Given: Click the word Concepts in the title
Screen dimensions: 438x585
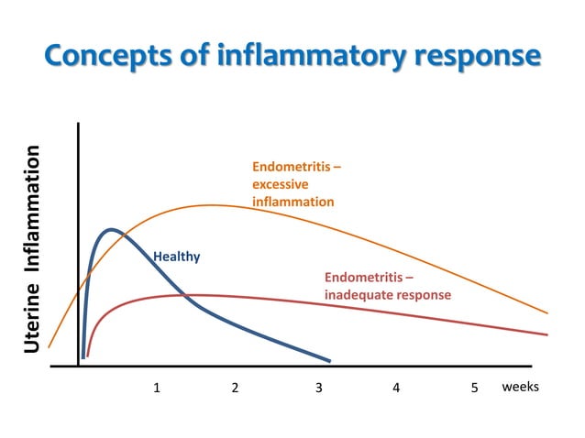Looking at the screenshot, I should tap(105, 55).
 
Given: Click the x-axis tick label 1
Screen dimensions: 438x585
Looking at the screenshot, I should tap(157, 388).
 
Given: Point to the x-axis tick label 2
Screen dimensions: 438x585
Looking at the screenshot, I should tap(236, 388).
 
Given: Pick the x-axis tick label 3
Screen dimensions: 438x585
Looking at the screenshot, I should tap(318, 388).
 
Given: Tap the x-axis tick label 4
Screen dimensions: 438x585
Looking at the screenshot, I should tap(396, 388).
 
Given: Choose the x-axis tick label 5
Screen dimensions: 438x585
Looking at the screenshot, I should tap(475, 388).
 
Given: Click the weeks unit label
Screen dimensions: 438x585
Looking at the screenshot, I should tap(520, 387).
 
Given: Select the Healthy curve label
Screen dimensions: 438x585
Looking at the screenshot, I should tap(176, 257).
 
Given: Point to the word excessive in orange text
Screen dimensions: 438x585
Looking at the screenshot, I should tap(280, 184).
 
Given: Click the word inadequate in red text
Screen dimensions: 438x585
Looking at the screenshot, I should tap(359, 295).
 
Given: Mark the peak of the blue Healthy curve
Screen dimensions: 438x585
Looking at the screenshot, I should tap(111, 229).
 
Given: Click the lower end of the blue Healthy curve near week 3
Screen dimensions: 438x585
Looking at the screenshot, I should tap(327, 360).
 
